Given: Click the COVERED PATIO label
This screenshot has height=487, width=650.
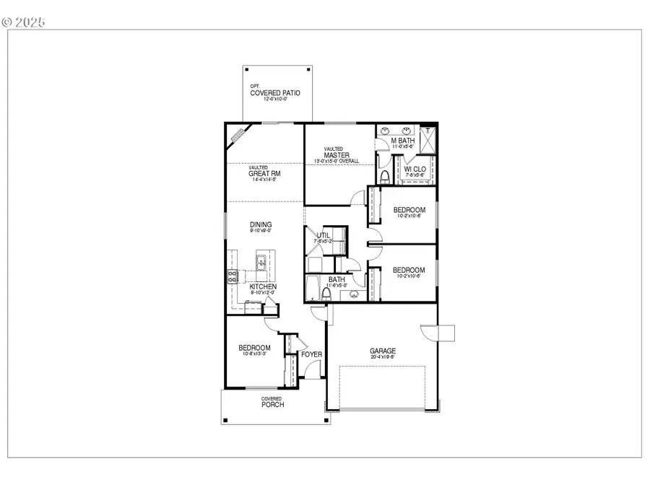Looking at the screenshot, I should click(x=275, y=93).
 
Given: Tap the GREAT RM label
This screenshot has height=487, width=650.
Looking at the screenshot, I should click(x=265, y=173).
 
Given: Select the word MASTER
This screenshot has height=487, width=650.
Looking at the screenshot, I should click(x=337, y=155).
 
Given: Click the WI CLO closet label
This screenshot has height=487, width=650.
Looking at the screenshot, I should click(x=415, y=170).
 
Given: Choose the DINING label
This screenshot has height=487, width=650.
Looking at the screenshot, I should click(x=261, y=225).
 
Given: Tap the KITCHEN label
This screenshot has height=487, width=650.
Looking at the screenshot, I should click(x=263, y=286).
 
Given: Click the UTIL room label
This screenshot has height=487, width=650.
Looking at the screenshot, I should click(x=323, y=235).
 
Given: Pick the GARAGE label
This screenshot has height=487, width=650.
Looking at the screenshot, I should click(x=383, y=351).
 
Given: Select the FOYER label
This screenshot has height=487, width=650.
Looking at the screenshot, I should click(x=312, y=354).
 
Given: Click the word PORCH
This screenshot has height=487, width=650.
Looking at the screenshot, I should click(x=272, y=405).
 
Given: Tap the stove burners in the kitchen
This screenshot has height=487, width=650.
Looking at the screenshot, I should click(x=233, y=274).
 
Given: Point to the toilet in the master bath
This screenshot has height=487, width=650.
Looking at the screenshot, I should click(x=385, y=176).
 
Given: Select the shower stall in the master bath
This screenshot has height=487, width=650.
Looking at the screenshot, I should click(x=426, y=139).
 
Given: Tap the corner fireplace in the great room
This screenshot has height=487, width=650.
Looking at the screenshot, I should click(x=238, y=133).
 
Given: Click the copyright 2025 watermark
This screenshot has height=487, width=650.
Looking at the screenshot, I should click(x=24, y=22).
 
